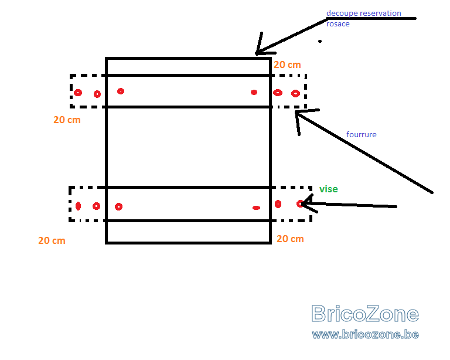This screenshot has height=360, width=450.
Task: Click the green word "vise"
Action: (x=329, y=189)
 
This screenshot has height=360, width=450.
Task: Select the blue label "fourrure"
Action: (x=362, y=134)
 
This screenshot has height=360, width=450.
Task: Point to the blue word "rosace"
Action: (x=337, y=23)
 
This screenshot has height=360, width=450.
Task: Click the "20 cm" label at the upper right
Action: (x=287, y=64)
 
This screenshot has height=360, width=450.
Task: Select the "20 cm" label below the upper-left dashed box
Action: (x=67, y=120)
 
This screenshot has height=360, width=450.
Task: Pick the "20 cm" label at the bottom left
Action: (x=52, y=240)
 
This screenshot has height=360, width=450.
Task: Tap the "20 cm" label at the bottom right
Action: (x=290, y=239)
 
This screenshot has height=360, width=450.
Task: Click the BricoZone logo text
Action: (x=365, y=314)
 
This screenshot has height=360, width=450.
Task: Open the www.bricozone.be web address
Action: (x=366, y=334)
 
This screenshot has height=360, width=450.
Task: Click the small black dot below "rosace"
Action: (x=320, y=42)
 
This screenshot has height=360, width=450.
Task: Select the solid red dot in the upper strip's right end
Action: (x=254, y=92)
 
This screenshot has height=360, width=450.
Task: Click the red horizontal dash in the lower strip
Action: (x=256, y=208)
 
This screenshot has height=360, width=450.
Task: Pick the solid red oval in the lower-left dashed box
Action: (x=78, y=206)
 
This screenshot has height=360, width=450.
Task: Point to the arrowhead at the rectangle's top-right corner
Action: (x=256, y=53)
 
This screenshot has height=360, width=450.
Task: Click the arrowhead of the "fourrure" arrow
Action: (x=296, y=113)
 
